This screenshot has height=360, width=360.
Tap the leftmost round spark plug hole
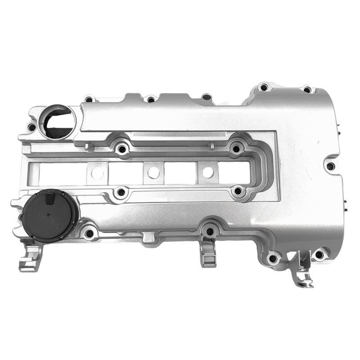tap(97, 173)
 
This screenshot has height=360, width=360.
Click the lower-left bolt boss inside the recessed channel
tap(121, 191)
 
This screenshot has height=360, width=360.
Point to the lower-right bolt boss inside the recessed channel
tap(237, 191)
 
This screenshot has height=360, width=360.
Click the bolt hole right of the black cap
tap(88, 232)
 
